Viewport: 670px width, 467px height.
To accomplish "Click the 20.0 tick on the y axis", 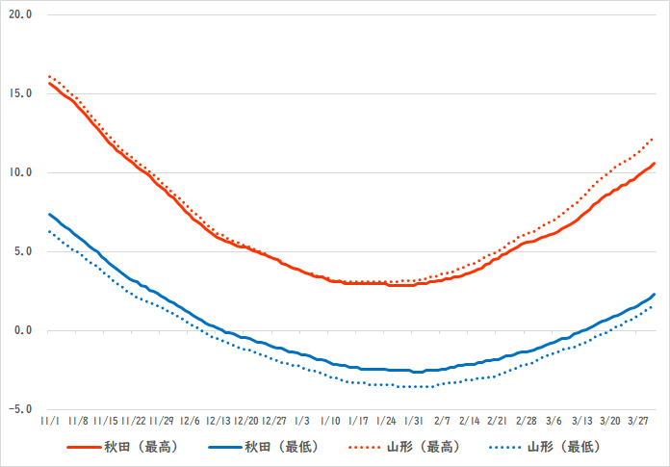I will point(20,15).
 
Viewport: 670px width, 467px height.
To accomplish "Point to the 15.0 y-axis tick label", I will point(20,93).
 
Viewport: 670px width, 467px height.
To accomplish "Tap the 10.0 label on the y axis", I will point(20,172).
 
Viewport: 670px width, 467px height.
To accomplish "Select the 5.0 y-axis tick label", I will point(22,251).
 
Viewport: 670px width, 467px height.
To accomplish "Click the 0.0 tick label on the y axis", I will point(22,330).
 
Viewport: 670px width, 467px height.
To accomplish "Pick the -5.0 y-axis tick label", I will point(20,409).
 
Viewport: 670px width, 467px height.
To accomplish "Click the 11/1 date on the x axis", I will point(50,421).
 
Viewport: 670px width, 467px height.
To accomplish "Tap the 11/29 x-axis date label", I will point(162,421).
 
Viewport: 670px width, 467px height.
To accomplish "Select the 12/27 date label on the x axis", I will point(274,421).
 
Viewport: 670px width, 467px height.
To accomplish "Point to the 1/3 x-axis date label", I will point(302,421).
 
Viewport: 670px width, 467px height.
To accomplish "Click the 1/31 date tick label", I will point(414,421).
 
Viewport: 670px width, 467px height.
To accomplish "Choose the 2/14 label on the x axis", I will point(470,421).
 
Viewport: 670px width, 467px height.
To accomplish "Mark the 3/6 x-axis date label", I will point(554,421).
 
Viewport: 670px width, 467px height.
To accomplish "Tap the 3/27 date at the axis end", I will point(638,421).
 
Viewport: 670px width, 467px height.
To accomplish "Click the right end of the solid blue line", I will point(655,295).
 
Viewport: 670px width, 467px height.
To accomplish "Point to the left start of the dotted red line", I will point(49,76).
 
